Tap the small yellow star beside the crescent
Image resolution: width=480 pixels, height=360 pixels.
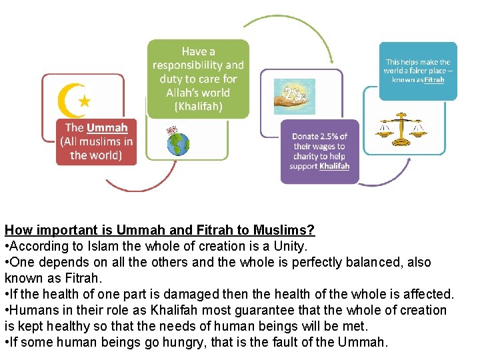click(85, 101)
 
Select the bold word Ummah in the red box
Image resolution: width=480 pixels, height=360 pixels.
click(107, 127)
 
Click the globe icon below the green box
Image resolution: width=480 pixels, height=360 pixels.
click(178, 143)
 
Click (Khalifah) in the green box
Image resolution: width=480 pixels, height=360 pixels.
click(198, 106)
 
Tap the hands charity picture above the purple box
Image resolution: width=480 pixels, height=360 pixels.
click(295, 97)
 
